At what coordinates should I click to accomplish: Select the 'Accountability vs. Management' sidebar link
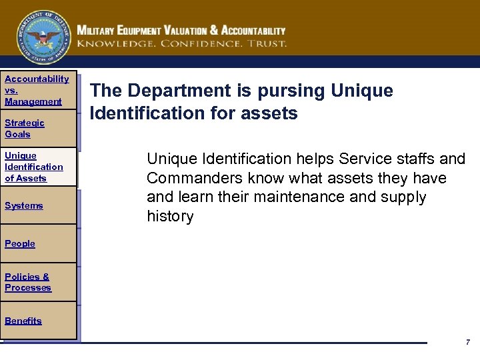[x=36, y=90]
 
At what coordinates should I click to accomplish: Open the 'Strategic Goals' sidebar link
[x=25, y=128]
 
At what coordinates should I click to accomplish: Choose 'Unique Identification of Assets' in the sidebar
[x=33, y=167]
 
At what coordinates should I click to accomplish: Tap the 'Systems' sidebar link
[x=24, y=205]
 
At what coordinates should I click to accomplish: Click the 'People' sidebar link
[x=20, y=243]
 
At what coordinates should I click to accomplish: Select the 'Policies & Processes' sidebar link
[x=28, y=282]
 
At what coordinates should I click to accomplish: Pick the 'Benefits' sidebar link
[x=23, y=321]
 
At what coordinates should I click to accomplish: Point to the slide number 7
[x=468, y=342]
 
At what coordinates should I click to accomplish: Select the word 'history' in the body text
[x=170, y=216]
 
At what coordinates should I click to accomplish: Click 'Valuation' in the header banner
[x=182, y=31]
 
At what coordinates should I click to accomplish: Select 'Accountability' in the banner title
[x=253, y=31]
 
